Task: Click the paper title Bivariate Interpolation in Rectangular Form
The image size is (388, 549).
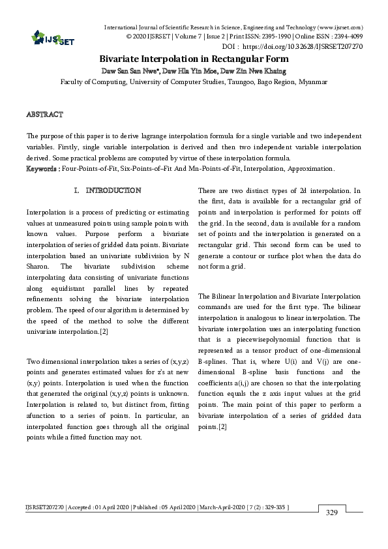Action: [x=194, y=59]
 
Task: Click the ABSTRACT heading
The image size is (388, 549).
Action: [x=44, y=115]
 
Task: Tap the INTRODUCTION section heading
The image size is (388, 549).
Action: [x=113, y=190]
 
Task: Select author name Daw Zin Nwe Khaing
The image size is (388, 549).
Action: [x=251, y=70]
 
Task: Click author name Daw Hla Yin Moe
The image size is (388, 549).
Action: [x=190, y=70]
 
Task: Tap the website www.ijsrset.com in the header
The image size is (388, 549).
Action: [x=340, y=27]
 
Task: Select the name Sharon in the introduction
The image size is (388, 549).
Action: [x=39, y=267]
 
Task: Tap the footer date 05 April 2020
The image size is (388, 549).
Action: [x=165, y=507]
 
